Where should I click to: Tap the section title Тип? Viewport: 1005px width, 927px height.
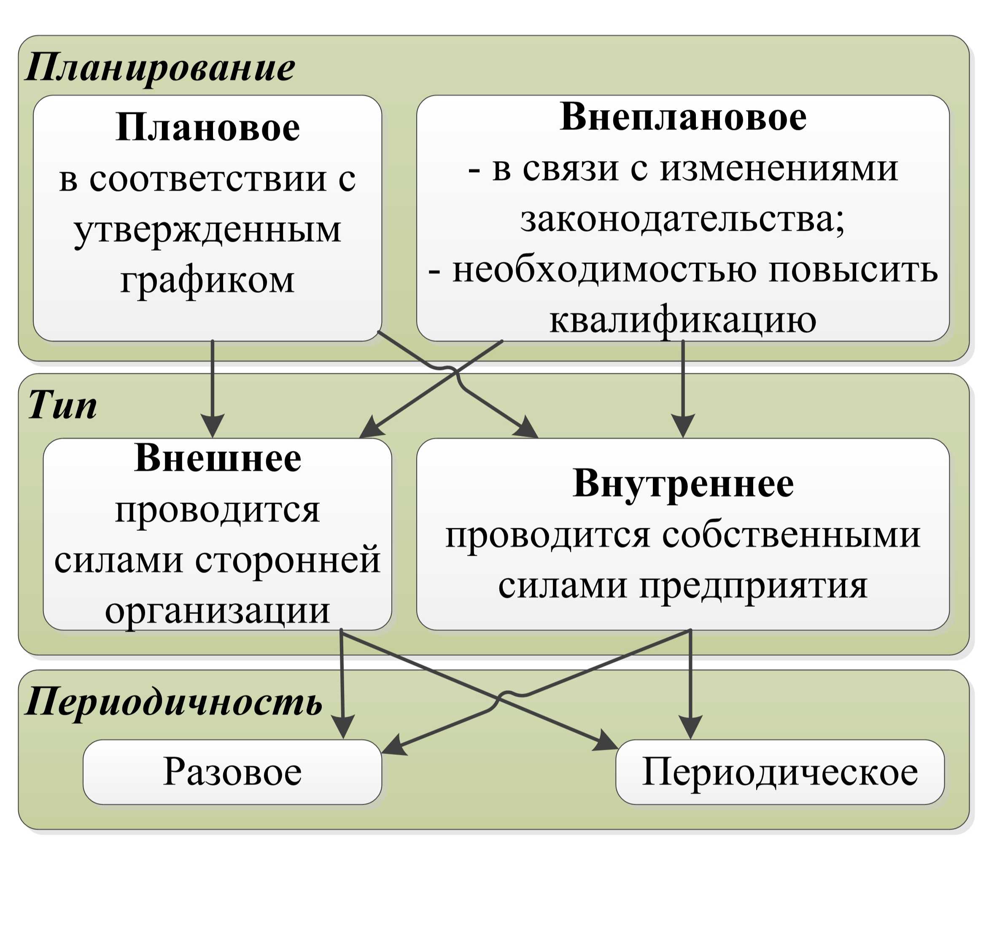click(x=62, y=405)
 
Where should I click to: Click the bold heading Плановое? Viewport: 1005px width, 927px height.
click(x=207, y=127)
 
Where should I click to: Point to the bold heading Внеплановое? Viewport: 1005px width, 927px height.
click(x=683, y=117)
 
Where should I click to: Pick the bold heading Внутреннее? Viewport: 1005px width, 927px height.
click(x=683, y=484)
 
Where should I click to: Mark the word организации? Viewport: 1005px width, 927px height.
click(x=217, y=611)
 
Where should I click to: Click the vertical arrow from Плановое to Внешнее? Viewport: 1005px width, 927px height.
click(x=213, y=389)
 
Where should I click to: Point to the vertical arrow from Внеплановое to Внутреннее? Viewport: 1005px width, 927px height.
click(x=683, y=389)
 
